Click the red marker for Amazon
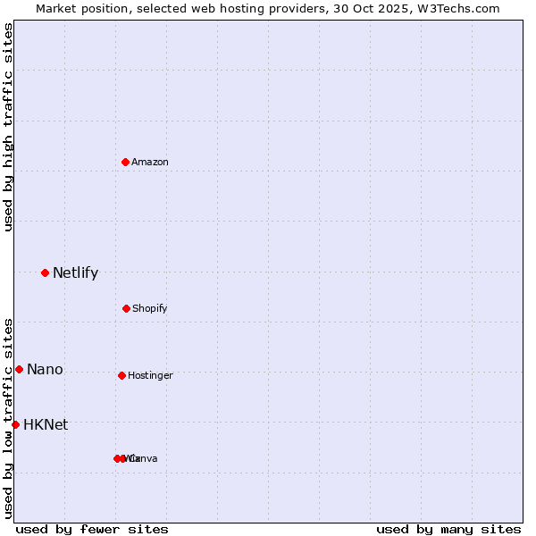point(126,162)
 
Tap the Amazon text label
point(150,163)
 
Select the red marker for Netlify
point(45,272)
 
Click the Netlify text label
point(75,273)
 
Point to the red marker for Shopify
point(126,308)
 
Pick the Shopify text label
point(150,309)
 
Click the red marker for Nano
point(19,369)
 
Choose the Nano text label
point(45,370)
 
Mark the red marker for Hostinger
point(121,375)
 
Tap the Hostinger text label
point(150,376)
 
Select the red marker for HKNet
point(15,424)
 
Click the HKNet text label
point(46,425)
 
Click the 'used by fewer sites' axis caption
point(92,529)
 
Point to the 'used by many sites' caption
point(448,529)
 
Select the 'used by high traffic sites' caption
point(8,127)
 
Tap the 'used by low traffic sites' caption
point(8,418)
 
